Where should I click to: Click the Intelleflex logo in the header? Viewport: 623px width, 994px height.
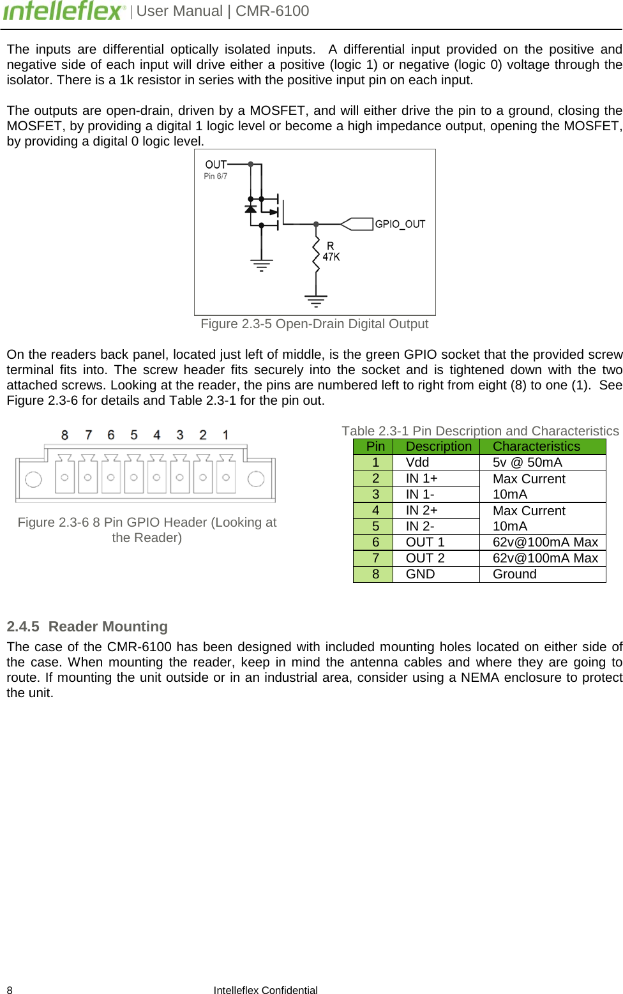coord(64,11)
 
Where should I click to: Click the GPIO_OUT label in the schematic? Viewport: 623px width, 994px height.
coord(400,224)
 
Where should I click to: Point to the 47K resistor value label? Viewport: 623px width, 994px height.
coord(331,257)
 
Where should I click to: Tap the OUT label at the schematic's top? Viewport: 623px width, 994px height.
coord(216,165)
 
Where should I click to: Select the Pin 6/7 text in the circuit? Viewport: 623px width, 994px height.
coord(215,176)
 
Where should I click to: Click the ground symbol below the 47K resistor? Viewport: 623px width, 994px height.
coord(316,299)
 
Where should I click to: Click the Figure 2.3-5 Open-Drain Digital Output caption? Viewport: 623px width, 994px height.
coord(314,324)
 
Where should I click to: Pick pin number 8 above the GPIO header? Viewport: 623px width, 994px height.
coord(64,435)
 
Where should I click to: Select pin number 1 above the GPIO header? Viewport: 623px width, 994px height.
coord(225,435)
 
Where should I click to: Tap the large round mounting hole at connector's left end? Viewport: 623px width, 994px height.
coord(33,479)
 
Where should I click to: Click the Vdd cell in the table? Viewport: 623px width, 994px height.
coord(417,462)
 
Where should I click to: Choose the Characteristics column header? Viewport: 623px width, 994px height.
coord(536,446)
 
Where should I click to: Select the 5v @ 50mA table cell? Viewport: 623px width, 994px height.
coord(527,462)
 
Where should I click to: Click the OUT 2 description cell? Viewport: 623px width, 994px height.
coord(425,558)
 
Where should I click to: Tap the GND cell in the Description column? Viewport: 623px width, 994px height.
coord(420,574)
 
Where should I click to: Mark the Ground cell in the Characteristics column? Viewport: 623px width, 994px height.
coord(514,574)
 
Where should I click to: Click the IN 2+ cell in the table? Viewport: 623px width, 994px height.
coord(421,510)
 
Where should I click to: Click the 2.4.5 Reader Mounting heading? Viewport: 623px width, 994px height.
coord(87,626)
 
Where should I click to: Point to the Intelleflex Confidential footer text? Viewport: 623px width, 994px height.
coord(266,990)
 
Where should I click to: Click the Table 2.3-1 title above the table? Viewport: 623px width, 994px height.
coord(480,431)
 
